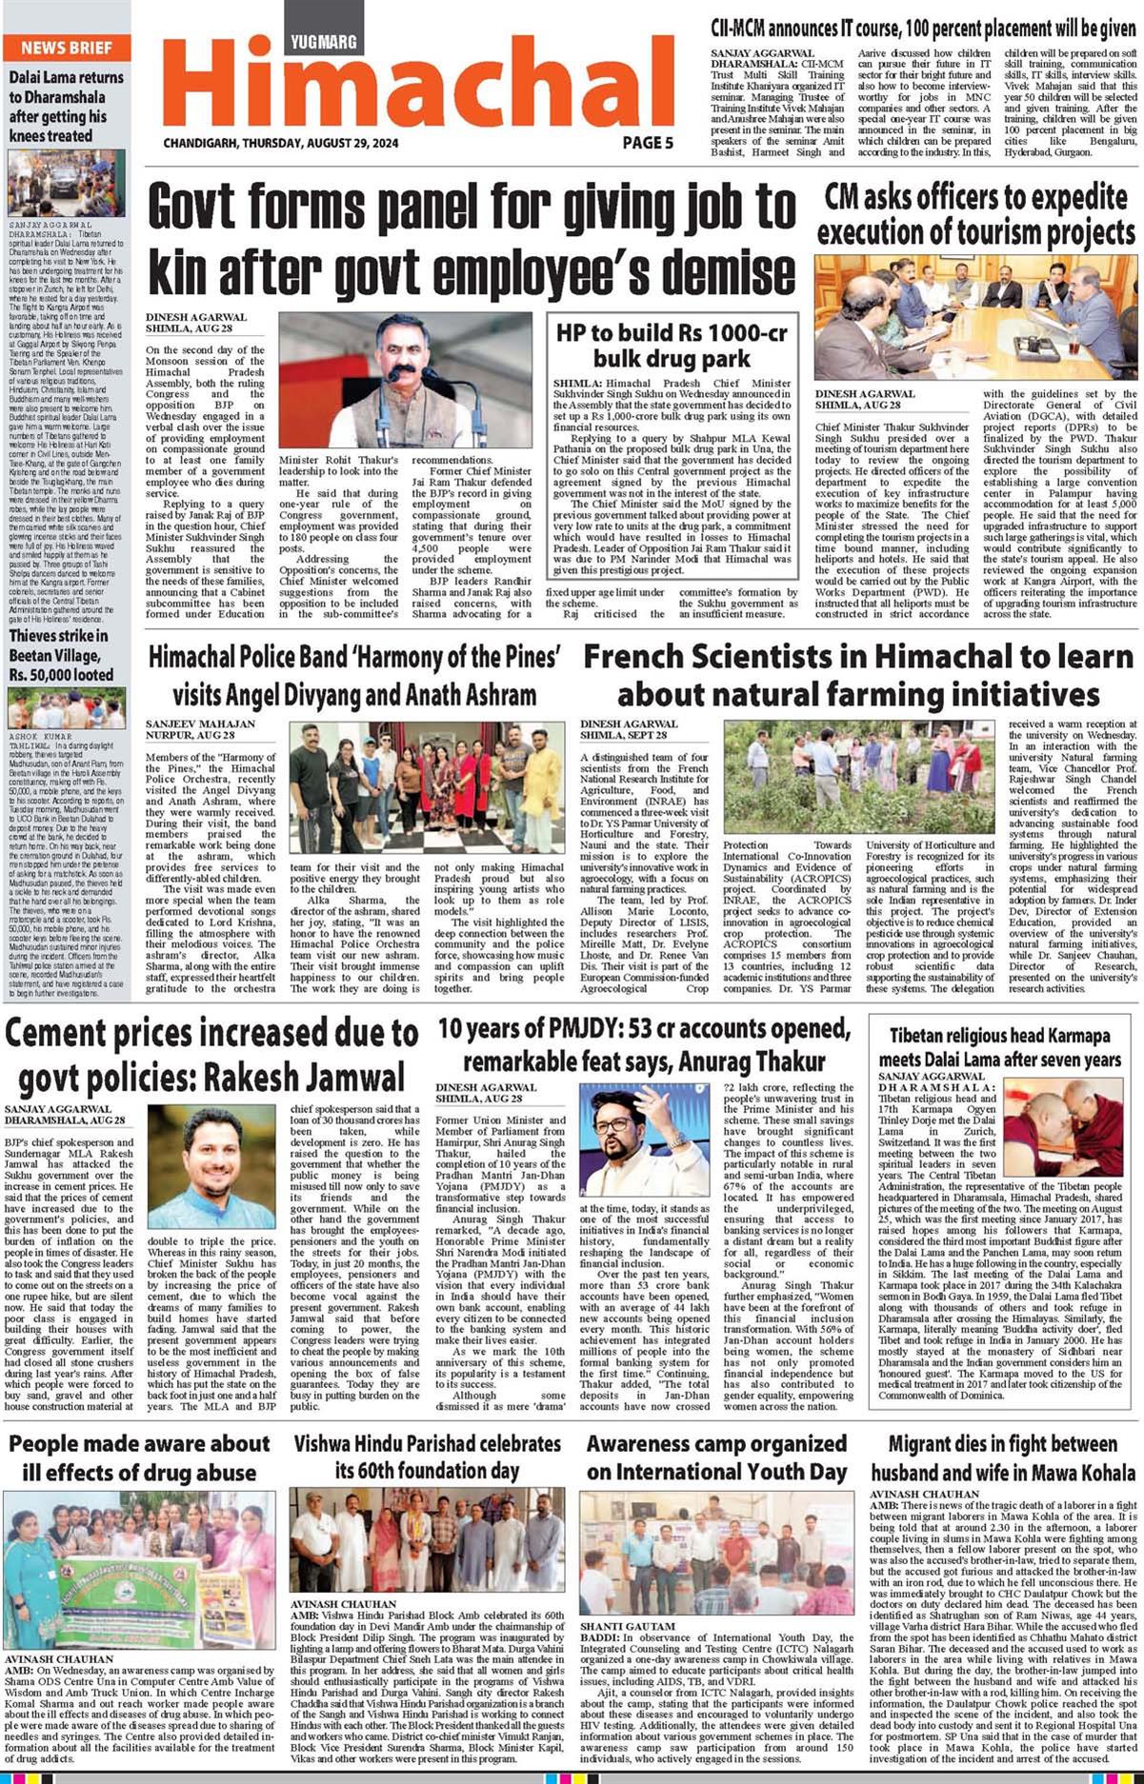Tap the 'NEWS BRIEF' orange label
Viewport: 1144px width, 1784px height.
pos(67,48)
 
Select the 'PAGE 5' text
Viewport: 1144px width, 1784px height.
pos(648,143)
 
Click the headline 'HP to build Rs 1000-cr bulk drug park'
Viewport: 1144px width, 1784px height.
pos(672,345)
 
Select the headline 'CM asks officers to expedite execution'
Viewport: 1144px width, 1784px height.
pos(975,214)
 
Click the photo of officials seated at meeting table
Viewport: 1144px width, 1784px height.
pos(975,318)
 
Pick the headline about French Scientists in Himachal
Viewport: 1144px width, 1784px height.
pos(858,675)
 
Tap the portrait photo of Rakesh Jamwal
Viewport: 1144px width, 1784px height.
pos(211,1169)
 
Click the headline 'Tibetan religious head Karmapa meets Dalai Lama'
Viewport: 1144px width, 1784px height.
pos(999,1047)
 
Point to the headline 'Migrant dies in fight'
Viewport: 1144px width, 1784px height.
pos(1003,1457)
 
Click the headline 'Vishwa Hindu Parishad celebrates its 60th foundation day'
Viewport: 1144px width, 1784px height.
pos(427,1457)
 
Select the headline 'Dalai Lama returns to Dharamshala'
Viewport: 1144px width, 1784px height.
pos(66,106)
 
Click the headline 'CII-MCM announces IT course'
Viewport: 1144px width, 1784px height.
pos(923,29)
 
